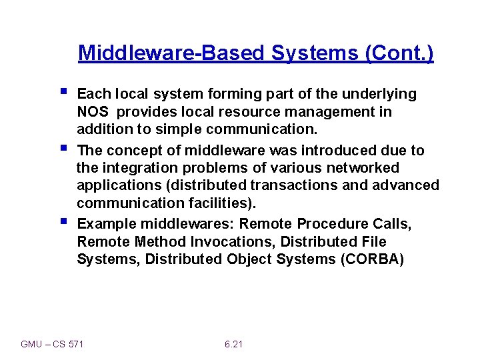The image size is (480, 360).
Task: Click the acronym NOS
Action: tap(91, 112)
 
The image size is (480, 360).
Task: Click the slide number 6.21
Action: tap(234, 344)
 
